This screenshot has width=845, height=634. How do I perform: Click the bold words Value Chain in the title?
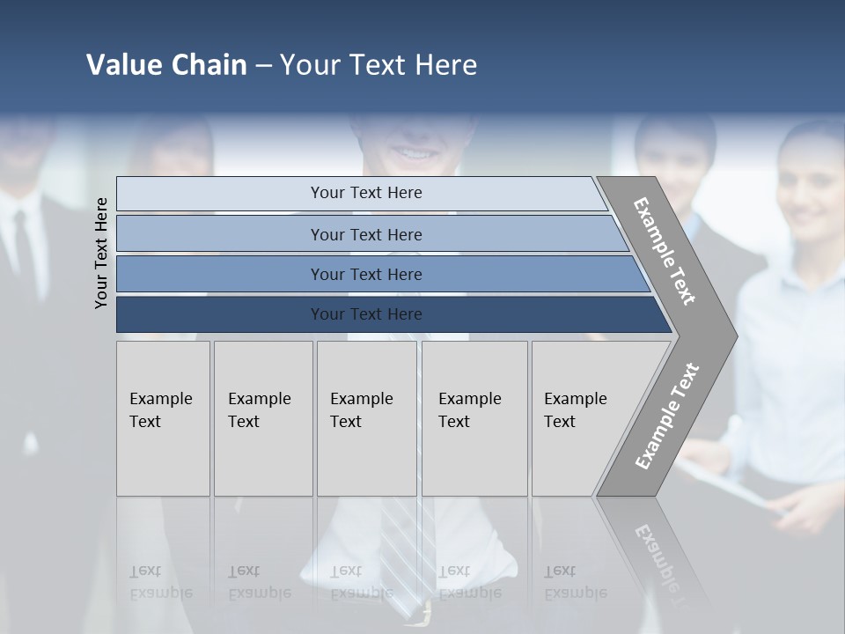pyautogui.click(x=166, y=65)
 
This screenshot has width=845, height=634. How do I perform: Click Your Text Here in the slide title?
pyautogui.click(x=378, y=65)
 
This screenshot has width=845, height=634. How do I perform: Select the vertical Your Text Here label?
pyautogui.click(x=101, y=253)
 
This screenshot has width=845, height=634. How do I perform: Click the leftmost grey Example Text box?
pyautogui.click(x=163, y=418)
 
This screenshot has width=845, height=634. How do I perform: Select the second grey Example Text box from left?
pyautogui.click(x=263, y=418)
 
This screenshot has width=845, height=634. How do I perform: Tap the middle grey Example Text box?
pyautogui.click(x=366, y=418)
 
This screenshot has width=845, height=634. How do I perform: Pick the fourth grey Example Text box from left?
pyautogui.click(x=474, y=418)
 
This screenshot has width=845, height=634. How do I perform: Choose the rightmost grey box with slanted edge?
pyautogui.click(x=581, y=418)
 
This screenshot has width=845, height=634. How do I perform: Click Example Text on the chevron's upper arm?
pyautogui.click(x=665, y=251)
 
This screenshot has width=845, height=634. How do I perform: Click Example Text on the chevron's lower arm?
pyautogui.click(x=666, y=417)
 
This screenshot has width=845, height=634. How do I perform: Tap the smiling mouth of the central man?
pyautogui.click(x=414, y=152)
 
